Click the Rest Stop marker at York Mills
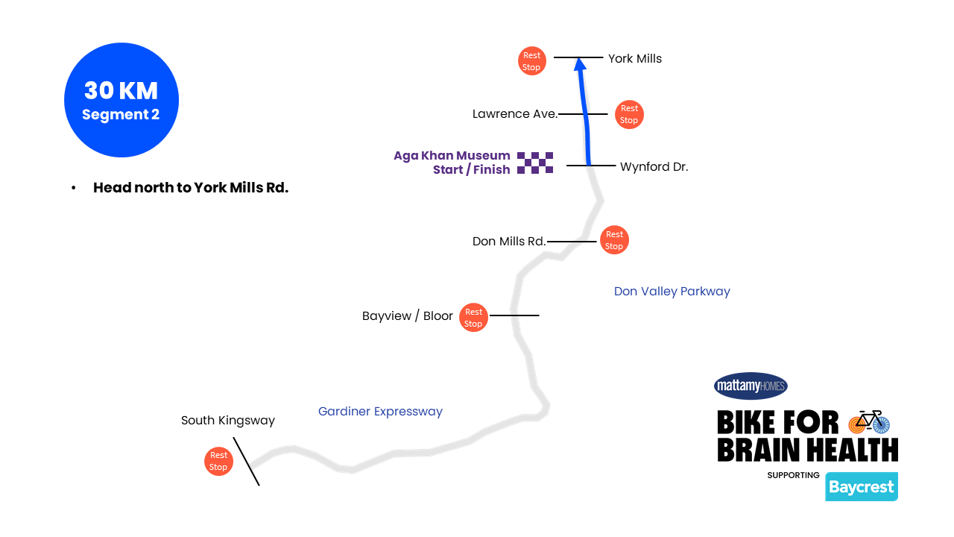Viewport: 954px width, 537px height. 531,61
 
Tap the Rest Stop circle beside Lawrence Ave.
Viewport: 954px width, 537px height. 629,114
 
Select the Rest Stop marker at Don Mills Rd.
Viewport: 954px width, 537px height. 614,240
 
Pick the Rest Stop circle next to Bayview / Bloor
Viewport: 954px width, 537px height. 473,318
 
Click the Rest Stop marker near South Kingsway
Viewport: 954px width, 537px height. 218,461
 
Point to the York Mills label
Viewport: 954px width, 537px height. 634,58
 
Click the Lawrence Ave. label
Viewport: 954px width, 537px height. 515,114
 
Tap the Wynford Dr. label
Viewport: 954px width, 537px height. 654,167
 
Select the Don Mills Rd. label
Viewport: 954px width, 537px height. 509,241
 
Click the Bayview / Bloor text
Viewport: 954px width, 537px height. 407,316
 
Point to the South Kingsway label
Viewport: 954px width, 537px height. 227,421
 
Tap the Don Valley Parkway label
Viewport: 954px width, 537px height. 672,291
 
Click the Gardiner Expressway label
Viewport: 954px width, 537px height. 380,411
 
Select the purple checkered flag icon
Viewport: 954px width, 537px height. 535,163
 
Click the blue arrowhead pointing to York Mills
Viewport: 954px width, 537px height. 580,65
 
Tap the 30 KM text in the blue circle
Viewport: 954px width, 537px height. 121,90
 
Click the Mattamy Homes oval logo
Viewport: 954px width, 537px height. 751,386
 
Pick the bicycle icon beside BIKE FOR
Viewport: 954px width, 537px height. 869,421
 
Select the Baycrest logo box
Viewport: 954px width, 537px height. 861,487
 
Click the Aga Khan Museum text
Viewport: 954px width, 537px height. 452,156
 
